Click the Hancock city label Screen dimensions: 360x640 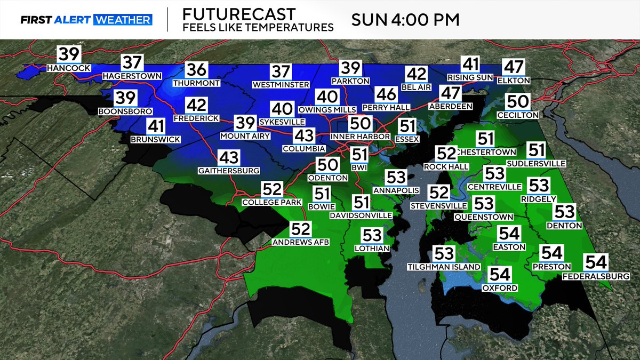point(69,68)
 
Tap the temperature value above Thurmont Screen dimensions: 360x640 point(196,70)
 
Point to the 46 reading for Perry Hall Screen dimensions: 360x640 point(386,94)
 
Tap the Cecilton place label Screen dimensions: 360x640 point(517,115)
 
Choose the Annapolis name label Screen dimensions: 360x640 point(396,190)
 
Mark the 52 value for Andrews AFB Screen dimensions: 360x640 point(301,229)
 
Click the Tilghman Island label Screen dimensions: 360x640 point(444,267)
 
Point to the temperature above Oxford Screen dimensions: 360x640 point(500,275)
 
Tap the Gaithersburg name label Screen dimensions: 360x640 point(228,171)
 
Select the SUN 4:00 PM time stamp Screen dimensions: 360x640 point(405,20)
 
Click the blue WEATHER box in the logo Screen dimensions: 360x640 point(123,20)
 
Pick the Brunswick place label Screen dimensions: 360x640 point(156,139)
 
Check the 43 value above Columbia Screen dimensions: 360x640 point(304,135)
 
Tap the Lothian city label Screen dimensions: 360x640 point(372,248)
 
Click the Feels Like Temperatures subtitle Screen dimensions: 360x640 point(258,27)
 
